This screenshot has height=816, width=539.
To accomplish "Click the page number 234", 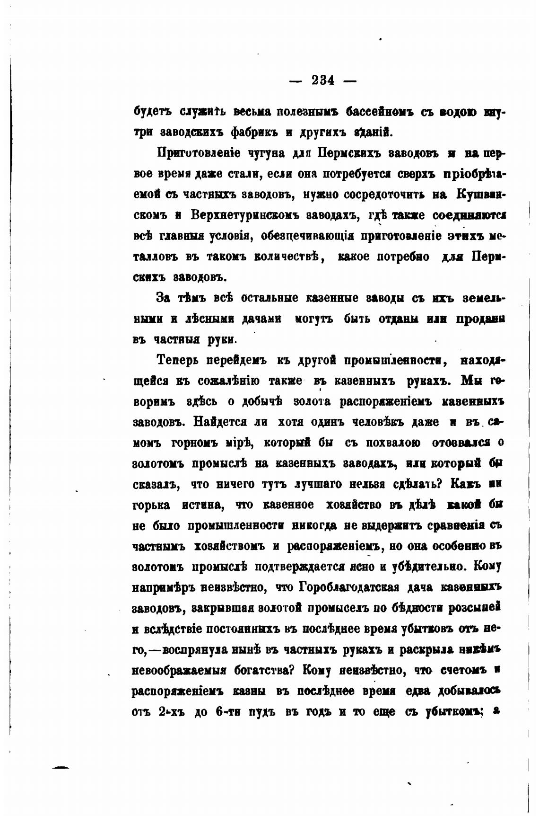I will [x=323, y=80].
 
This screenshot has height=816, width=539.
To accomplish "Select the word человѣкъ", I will [x=364, y=422].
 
